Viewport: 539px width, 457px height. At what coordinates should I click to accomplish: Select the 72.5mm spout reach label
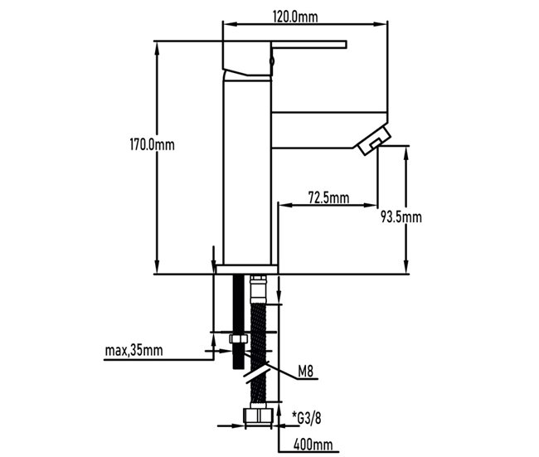click(328, 197)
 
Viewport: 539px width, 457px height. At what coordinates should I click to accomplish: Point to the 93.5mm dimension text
click(401, 217)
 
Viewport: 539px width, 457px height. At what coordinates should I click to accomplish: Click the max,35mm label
click(134, 350)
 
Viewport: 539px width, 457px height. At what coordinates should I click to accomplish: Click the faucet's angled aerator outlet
click(374, 140)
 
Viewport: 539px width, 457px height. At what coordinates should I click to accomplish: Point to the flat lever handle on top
click(307, 45)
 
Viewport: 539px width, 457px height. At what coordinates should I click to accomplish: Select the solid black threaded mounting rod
click(238, 307)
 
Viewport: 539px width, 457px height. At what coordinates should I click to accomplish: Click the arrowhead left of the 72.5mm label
click(279, 204)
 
